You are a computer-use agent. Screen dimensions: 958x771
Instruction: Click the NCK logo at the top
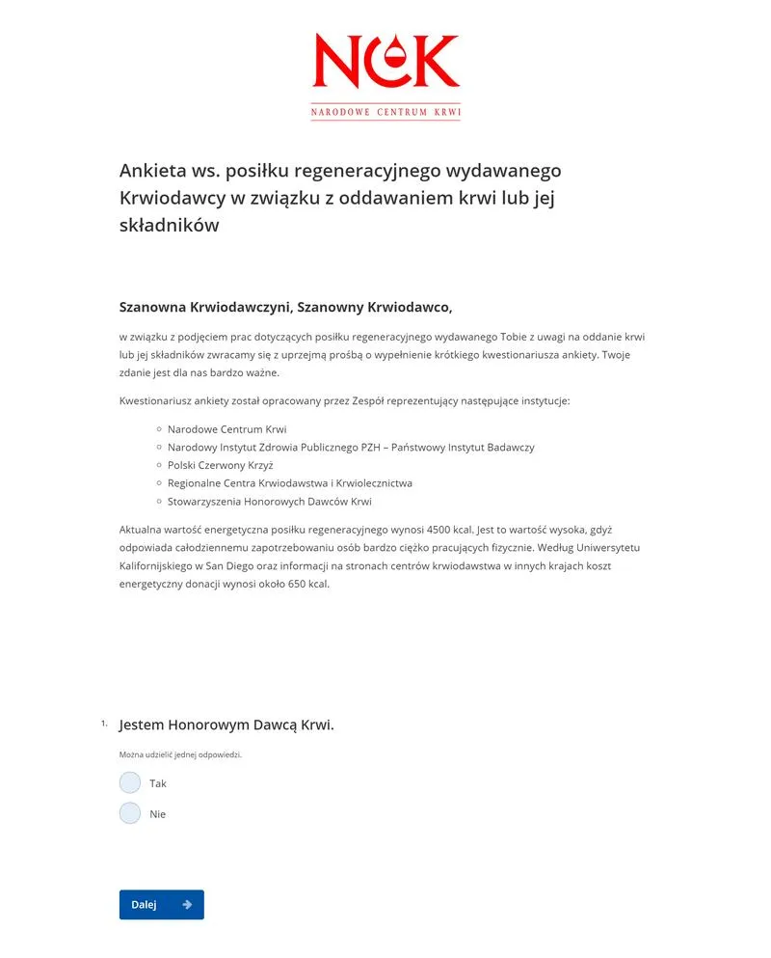coord(385,75)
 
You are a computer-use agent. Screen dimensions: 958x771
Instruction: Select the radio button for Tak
coord(130,782)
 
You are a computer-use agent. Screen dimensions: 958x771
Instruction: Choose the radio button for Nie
coord(130,813)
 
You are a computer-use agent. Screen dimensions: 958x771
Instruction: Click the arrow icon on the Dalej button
coord(187,905)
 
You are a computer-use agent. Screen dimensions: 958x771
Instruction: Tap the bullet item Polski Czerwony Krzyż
coord(220,465)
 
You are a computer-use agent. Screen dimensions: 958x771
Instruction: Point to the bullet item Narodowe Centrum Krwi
coord(226,429)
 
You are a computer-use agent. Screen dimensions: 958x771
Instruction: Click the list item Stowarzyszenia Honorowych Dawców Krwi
coord(269,502)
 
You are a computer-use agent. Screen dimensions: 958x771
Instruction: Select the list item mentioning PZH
coord(351,448)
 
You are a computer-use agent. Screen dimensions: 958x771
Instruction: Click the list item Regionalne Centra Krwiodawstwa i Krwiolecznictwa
coord(289,483)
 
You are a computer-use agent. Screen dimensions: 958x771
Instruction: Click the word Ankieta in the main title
coord(155,171)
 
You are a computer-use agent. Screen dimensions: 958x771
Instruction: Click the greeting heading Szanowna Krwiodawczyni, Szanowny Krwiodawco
coord(285,308)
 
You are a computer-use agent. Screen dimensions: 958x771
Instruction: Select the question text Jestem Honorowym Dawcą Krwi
coord(226,725)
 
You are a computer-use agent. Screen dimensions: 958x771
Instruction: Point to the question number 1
coord(103,723)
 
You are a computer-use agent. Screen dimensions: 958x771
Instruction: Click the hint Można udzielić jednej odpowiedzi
coord(180,754)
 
